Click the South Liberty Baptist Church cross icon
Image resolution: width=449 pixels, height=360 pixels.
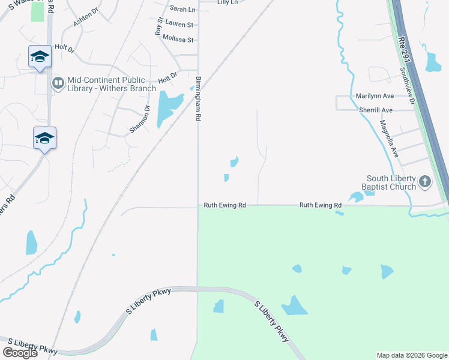coord(424,181)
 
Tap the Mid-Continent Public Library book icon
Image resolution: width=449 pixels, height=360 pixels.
coord(58,83)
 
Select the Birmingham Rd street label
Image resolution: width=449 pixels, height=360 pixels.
coord(197,99)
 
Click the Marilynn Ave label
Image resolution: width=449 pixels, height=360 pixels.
coord(375,96)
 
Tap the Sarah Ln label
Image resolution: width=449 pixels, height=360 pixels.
coord(182,9)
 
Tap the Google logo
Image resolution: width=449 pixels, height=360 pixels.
coord(20,353)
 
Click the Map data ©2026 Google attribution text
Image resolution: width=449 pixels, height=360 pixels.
coord(411,355)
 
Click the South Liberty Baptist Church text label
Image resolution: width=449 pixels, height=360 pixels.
coord(392,182)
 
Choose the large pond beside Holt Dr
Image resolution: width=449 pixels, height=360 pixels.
coord(167,107)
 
